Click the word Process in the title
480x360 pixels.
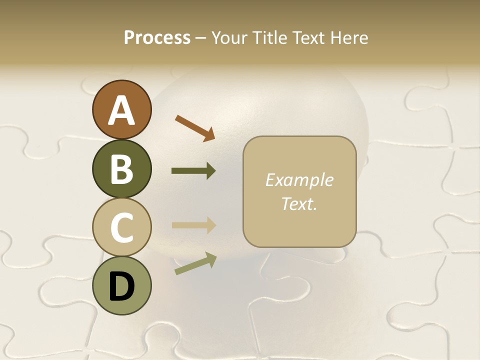point(157,37)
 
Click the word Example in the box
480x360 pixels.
point(299,180)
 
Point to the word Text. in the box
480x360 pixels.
point(299,203)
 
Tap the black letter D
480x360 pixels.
point(121,286)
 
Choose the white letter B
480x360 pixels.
point(121,169)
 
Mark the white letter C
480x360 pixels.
point(121,227)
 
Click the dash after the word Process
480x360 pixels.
point(201,38)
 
